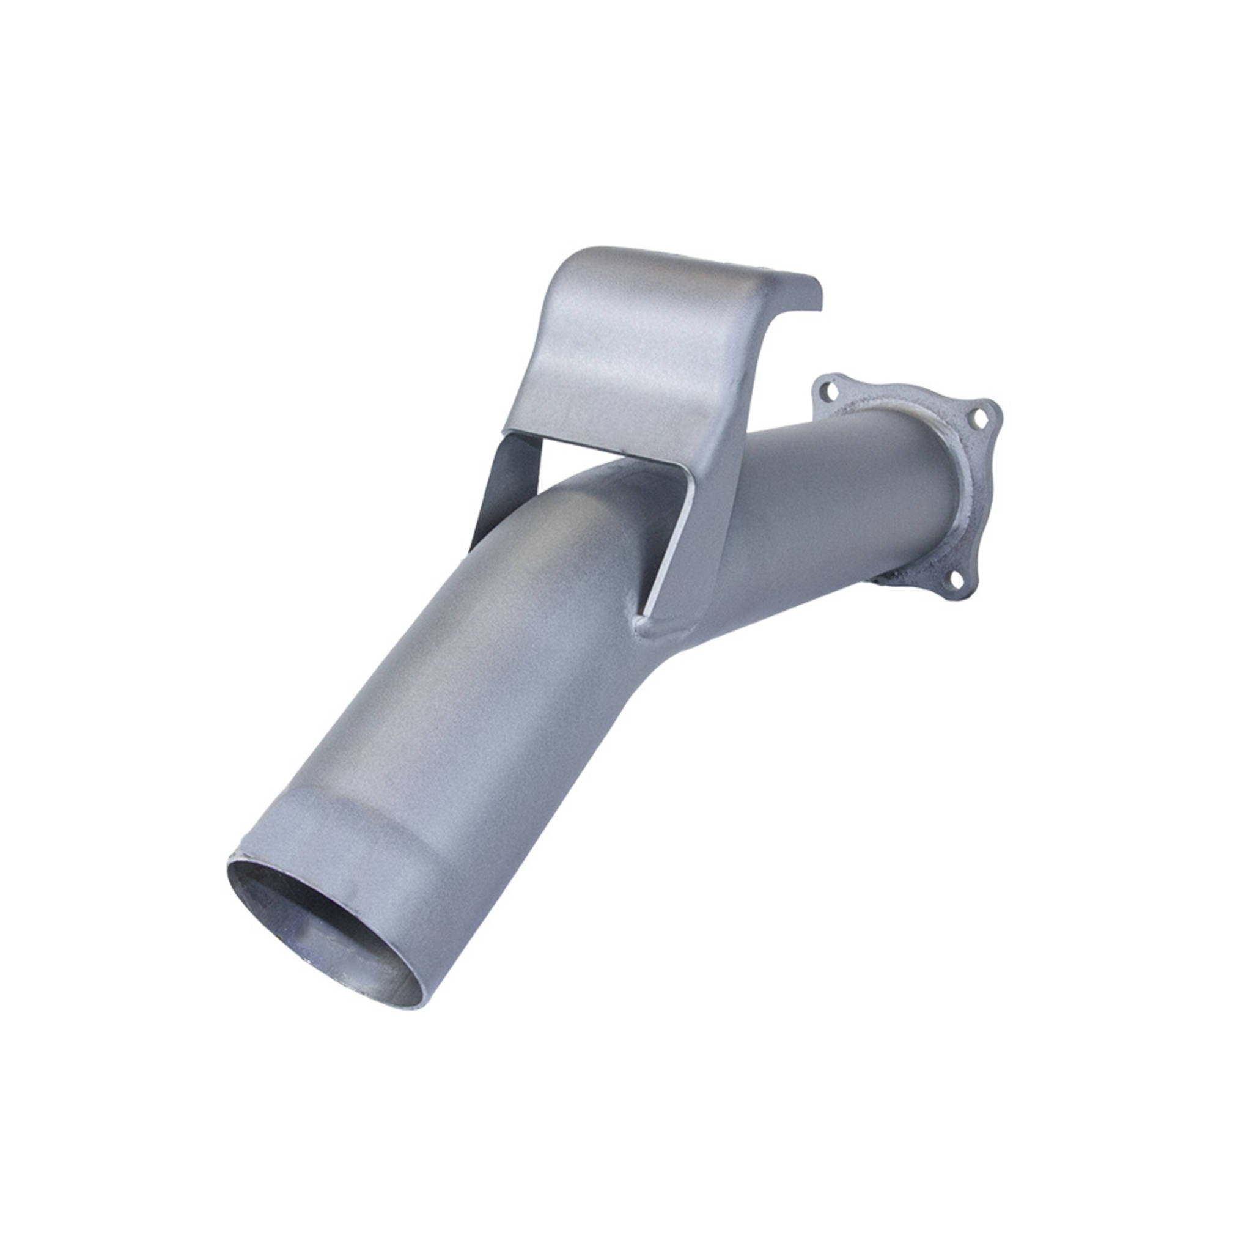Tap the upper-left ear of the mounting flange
point(827,389)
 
